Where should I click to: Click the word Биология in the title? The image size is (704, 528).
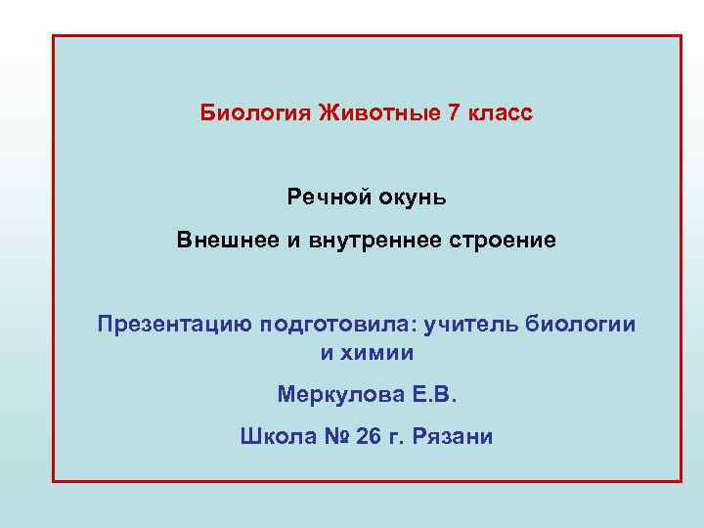(255, 113)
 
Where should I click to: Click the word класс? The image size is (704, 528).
(500, 113)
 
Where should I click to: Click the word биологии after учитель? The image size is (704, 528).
(581, 325)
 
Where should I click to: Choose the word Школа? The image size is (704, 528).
(276, 436)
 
